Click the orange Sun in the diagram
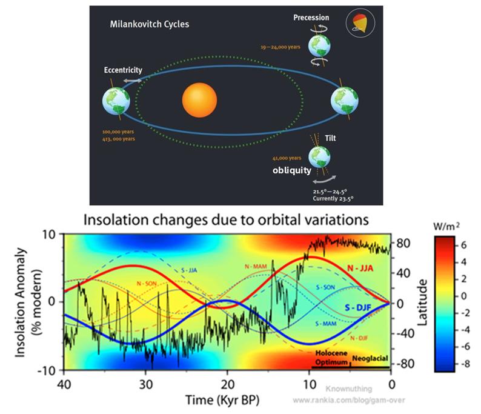pos(199,101)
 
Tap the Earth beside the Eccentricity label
pos(118,100)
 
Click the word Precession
pos(311,18)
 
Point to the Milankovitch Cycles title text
pos(149,25)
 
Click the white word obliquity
pos(291,170)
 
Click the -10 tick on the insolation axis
pos(49,370)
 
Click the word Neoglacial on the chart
pos(370,359)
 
